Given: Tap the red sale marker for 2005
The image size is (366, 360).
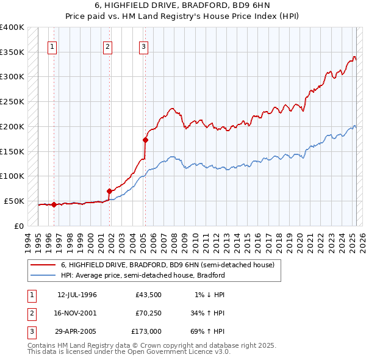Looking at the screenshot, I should coord(145,139).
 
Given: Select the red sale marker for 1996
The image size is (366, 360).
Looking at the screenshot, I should coord(54,204).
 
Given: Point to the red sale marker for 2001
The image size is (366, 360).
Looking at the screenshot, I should coord(109,191).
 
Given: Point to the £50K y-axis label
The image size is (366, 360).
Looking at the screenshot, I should coord(14,201).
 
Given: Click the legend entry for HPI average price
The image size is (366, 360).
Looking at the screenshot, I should coord(143,275).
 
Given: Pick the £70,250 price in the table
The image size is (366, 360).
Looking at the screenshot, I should coord(146,314).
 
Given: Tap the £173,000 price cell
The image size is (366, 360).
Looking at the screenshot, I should coord(146,332).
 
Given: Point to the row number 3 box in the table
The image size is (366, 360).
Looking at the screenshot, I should coord(30,332).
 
